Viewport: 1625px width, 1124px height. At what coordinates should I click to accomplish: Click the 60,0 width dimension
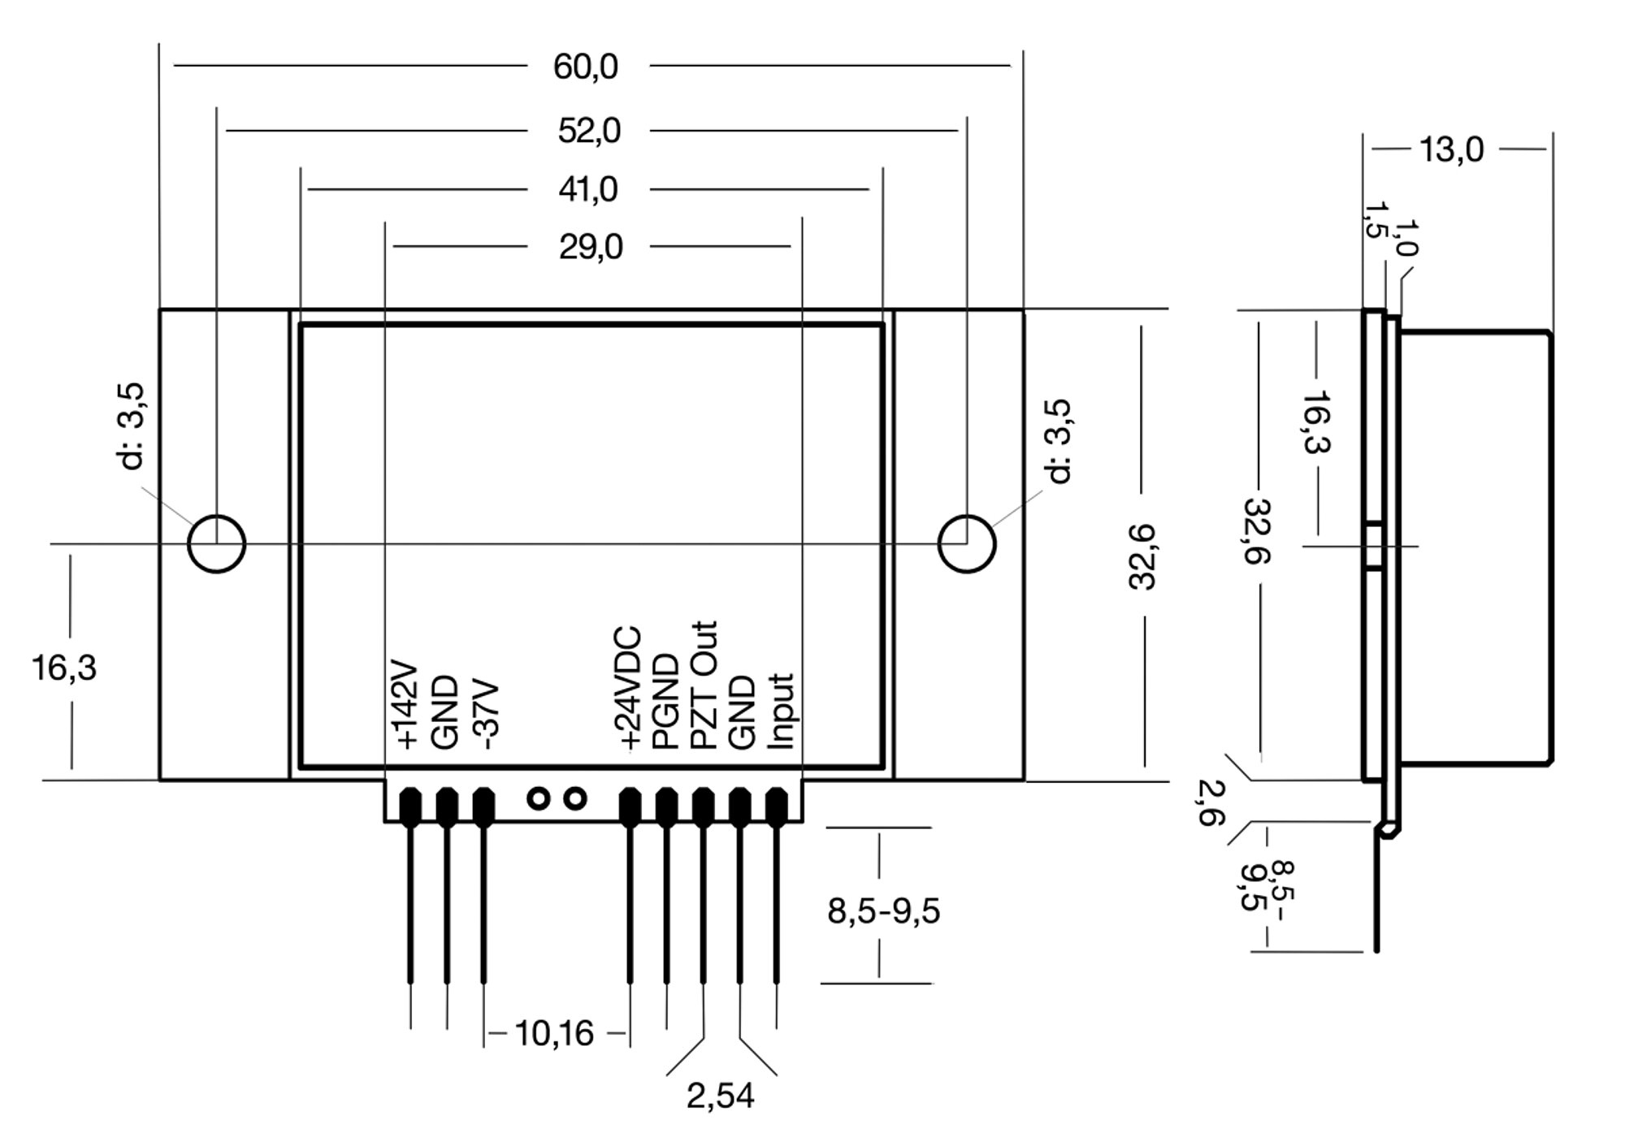coord(586,67)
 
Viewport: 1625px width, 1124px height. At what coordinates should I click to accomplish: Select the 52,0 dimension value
coord(589,131)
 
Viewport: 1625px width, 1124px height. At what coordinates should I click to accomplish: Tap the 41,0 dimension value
coord(588,189)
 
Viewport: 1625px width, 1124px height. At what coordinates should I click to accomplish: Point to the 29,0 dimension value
coord(591,247)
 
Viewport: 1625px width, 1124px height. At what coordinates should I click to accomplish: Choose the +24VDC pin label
coord(630,689)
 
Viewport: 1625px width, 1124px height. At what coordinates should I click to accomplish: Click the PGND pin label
coord(665,702)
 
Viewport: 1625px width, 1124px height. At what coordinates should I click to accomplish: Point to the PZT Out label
coord(703,685)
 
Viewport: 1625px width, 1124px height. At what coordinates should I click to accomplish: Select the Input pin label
coord(779,711)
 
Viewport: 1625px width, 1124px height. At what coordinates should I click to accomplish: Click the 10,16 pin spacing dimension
coord(554,1034)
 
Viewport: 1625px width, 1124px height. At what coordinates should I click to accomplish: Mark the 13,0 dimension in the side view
coord(1451,149)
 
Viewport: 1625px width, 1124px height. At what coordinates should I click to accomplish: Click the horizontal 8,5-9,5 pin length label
coord(884,911)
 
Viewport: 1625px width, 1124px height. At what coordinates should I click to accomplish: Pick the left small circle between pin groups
coord(538,798)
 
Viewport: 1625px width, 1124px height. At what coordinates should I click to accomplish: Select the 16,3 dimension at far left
coord(64,668)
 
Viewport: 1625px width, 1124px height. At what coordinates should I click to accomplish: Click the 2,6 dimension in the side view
coord(1211,802)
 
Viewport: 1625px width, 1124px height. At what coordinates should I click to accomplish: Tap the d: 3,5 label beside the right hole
coord(1059,442)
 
